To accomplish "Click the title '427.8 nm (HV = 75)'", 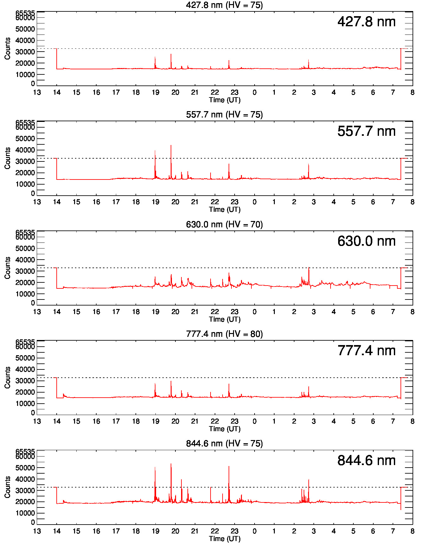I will point(224,5).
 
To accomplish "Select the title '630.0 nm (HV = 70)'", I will point(224,224).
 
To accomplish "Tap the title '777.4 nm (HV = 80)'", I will point(224,334).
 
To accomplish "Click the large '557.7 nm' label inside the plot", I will point(366,131).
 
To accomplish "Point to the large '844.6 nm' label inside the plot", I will point(366,461).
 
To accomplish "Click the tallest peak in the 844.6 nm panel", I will point(171,464).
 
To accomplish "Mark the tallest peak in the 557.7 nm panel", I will point(171,146).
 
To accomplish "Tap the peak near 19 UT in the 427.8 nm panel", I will point(155,58).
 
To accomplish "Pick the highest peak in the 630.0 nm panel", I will point(309,268).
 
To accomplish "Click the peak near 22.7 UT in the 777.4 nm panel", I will point(229,385).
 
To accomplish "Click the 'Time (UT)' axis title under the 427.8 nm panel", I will point(224,100).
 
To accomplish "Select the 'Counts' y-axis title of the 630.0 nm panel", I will point(8,268).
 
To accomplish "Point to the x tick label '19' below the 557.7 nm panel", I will point(155,202).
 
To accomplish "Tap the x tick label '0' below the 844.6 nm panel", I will point(255,531).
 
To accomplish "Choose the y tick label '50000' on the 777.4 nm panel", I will point(25,358).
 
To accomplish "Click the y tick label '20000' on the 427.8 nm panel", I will point(25,63).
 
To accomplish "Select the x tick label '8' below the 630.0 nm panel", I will point(412,312).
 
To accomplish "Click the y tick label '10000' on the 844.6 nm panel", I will point(25,513).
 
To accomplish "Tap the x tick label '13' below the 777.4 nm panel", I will point(37,421).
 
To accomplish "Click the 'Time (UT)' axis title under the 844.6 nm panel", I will point(224,539).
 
